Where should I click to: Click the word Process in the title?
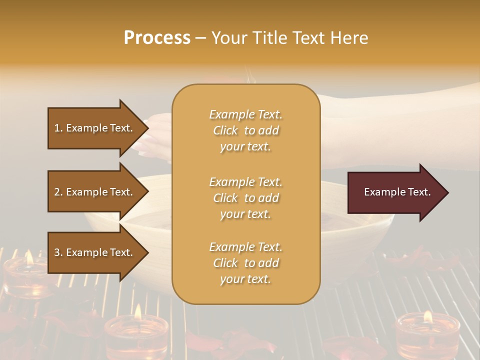(157, 38)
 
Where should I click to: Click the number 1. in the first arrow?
(58, 128)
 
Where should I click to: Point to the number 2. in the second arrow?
(58, 192)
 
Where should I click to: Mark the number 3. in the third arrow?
(58, 252)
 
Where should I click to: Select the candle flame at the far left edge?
(29, 258)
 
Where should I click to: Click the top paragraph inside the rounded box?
(245, 130)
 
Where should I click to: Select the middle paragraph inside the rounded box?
(245, 198)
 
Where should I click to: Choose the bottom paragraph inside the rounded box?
(245, 263)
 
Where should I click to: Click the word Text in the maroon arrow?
(420, 192)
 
